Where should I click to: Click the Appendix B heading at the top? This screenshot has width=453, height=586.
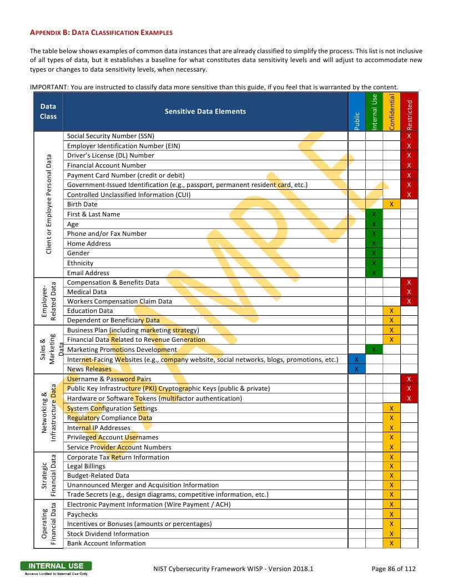tap(101, 33)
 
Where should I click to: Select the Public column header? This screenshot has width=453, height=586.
tap(357, 121)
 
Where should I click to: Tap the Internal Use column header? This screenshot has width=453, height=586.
tap(374, 112)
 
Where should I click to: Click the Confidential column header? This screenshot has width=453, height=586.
tap(391, 112)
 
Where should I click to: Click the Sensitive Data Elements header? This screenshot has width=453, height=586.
tap(205, 112)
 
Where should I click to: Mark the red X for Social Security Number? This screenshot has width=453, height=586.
tap(409, 136)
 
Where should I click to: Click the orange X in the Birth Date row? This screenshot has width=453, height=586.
tap(391, 204)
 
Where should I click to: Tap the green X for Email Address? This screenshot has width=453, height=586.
tap(374, 273)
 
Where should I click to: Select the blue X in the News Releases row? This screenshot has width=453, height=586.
tap(356, 369)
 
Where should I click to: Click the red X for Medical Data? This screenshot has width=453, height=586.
tap(409, 292)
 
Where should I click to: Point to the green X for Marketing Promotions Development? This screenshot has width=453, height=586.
tap(374, 350)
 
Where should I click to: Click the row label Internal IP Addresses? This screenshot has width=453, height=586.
tap(99, 428)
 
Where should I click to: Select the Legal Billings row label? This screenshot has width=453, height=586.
tap(86, 467)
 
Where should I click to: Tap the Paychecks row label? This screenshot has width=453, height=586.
tap(83, 514)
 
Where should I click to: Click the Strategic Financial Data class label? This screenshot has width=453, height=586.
tap(48, 476)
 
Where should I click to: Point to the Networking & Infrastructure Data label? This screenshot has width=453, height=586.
tap(48, 413)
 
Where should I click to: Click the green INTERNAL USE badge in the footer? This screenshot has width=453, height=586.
tap(56, 566)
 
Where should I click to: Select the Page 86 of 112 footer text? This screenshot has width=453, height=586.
tap(393, 568)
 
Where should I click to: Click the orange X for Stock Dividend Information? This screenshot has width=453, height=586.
tap(391, 534)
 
